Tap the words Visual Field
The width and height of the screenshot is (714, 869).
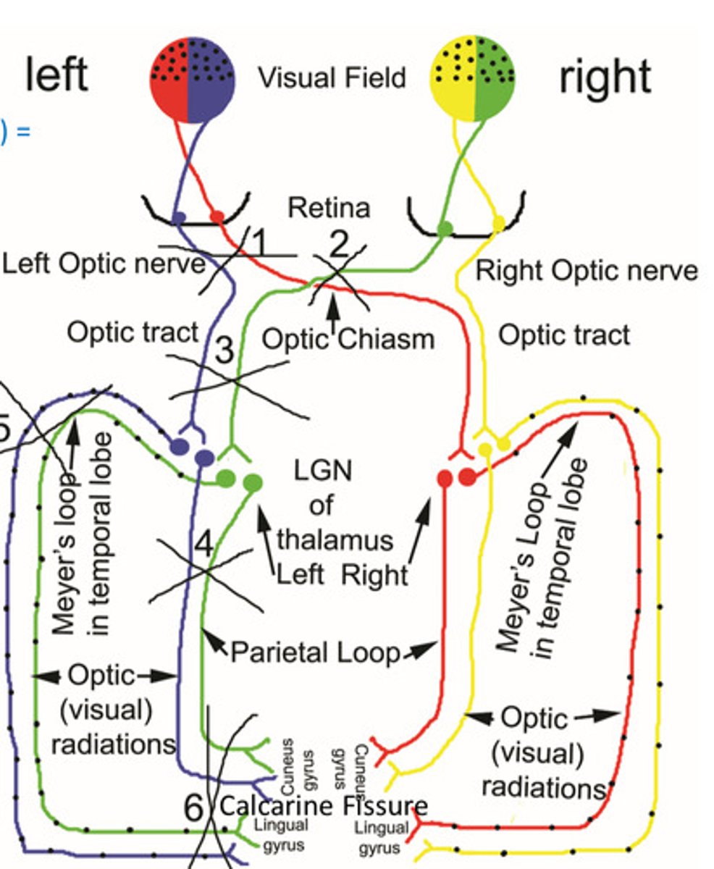point(332,77)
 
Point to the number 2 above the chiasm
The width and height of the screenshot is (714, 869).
point(339,247)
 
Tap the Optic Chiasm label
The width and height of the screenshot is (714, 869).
point(348,338)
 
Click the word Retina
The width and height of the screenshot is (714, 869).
point(329,208)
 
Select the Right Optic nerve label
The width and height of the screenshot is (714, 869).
point(586,271)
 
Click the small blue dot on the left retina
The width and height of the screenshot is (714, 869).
point(179,217)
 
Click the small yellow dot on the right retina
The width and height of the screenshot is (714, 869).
point(498,221)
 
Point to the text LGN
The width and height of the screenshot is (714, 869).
point(323,471)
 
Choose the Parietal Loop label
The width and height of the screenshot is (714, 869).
point(315,653)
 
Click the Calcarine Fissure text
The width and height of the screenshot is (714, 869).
point(323,805)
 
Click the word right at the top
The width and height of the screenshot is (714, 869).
point(604,77)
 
